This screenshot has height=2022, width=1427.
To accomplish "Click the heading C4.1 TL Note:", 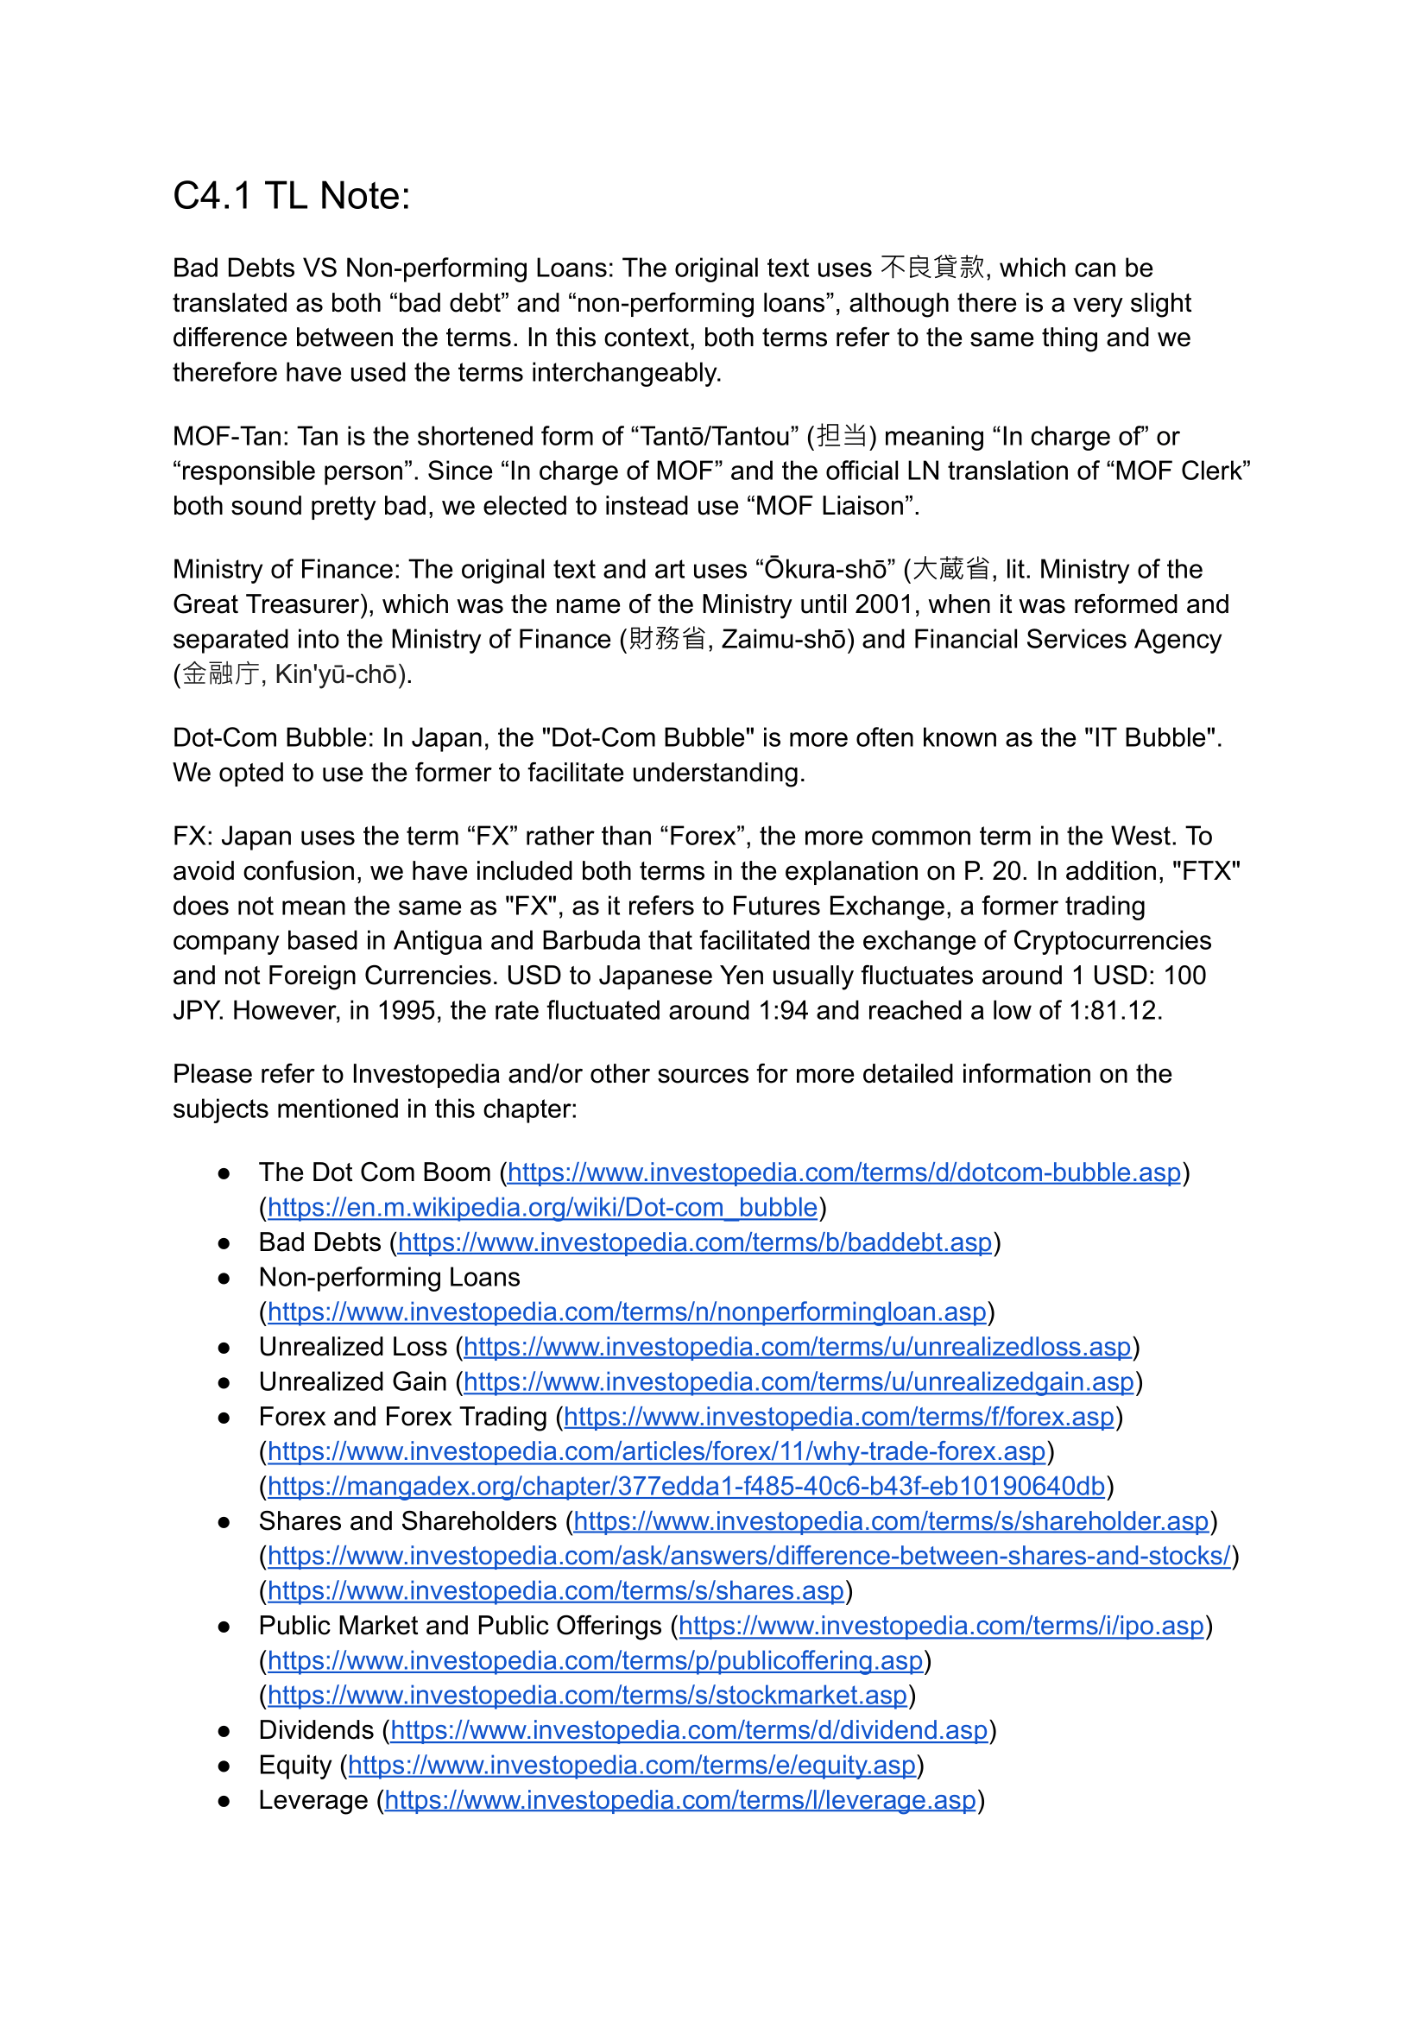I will point(292,195).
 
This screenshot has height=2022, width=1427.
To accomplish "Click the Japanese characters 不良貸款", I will point(932,267).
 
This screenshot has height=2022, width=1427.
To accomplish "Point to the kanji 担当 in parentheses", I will point(842,436).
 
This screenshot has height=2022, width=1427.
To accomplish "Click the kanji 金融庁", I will point(221,673).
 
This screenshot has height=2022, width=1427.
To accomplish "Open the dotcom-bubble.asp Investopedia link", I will point(844,1172).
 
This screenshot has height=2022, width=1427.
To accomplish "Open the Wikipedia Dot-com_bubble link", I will point(542,1206).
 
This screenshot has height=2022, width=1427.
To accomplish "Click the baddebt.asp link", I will point(695,1242).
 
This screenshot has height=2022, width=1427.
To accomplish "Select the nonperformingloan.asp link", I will point(627,1311).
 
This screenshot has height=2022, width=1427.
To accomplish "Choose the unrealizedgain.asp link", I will point(799,1381).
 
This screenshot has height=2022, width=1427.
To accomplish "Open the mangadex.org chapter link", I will point(685,1487).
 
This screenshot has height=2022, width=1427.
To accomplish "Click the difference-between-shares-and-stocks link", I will point(749,1556).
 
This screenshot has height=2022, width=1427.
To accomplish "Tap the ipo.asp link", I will point(941,1626).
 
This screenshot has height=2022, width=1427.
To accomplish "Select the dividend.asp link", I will point(689,1730).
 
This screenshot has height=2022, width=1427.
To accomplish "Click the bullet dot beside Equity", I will point(224,1766).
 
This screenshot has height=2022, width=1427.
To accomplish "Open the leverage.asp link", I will point(680,1800).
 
